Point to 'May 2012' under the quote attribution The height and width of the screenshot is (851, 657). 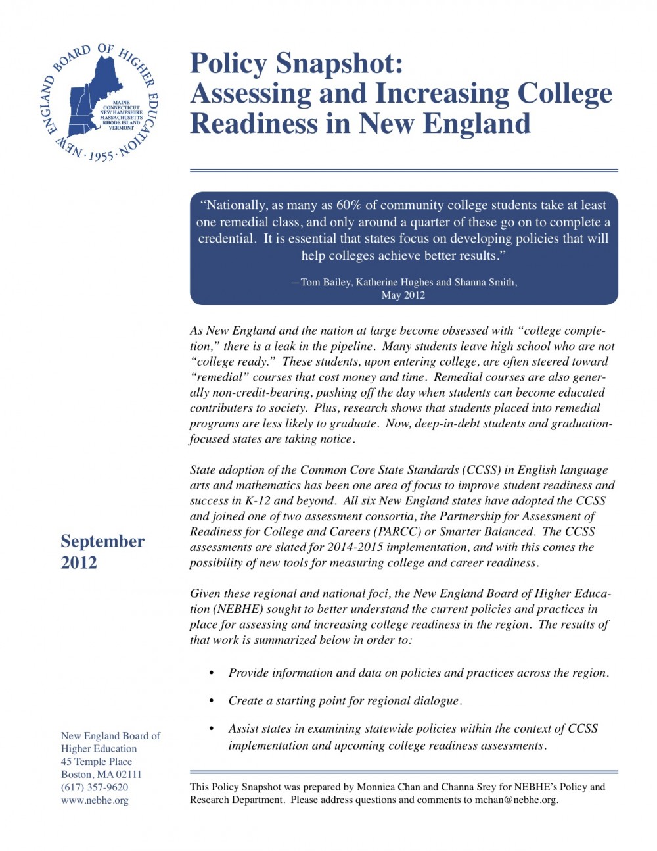coord(403,295)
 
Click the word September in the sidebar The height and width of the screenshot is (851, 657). coord(102,541)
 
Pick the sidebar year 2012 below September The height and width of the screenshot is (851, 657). coord(79,563)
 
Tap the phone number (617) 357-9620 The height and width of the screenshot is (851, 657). coord(95,787)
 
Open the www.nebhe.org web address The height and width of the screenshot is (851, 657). coord(95,800)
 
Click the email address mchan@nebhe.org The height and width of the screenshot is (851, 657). coord(515,800)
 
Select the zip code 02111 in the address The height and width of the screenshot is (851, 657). coord(129,774)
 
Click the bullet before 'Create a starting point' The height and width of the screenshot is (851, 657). coord(212,701)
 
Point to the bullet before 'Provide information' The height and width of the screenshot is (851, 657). coord(212,673)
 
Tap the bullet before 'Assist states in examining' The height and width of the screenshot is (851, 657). coord(212,729)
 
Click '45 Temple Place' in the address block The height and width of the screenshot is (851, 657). coord(97,762)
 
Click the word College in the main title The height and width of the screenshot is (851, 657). coord(564,94)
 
